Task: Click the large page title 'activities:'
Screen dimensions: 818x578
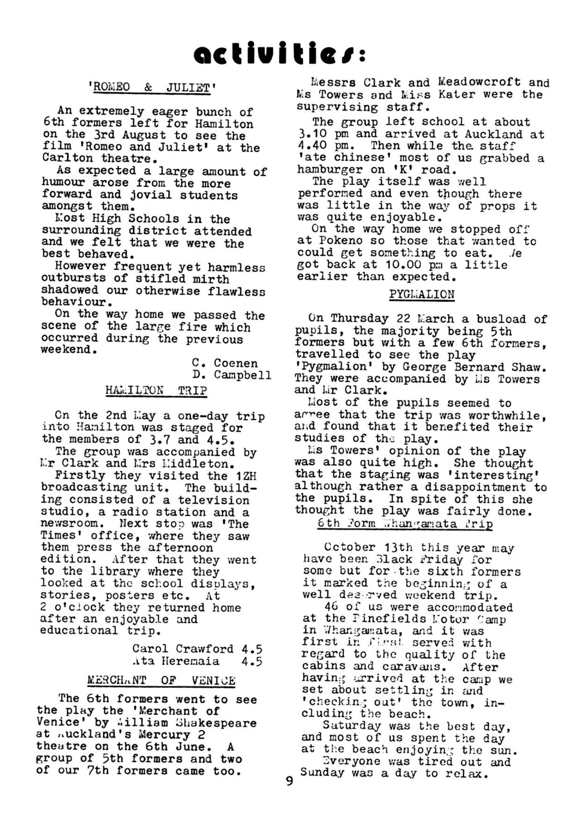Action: tap(279, 54)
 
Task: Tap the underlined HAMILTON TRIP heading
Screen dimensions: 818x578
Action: tap(156, 390)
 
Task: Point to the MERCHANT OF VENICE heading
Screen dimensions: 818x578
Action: tap(161, 680)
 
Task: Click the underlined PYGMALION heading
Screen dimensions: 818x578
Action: tap(421, 294)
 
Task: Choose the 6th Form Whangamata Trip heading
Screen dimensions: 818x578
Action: tap(405, 523)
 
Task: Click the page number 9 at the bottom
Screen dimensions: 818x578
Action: tap(289, 781)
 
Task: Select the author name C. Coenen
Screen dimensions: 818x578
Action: tap(225, 363)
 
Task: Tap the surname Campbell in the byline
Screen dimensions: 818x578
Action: tap(243, 375)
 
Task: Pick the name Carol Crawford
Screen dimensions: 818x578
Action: tap(183, 648)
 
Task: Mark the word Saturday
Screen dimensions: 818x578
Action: tap(345, 726)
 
